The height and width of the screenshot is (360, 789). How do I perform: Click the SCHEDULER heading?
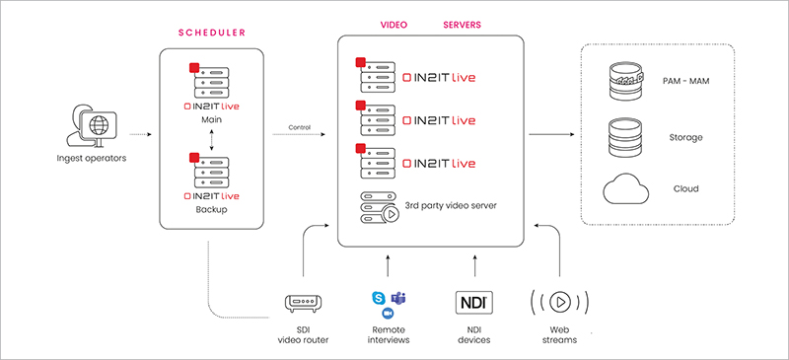tap(212, 33)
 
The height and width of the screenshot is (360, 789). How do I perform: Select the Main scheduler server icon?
tap(209, 81)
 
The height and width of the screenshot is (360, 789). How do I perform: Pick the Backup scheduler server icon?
tap(209, 172)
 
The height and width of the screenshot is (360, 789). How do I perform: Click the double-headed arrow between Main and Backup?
tap(211, 138)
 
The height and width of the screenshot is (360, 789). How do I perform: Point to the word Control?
tap(300, 127)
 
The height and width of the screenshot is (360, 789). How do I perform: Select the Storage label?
tap(685, 137)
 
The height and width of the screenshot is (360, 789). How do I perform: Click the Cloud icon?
tap(624, 188)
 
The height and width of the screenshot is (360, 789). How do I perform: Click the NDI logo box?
tap(474, 302)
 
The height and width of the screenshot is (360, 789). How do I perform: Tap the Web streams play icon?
tap(559, 302)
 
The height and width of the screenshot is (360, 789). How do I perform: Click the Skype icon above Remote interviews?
tap(379, 298)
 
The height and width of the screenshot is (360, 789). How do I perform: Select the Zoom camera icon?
tap(388, 314)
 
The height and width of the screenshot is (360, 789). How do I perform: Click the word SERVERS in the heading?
tap(462, 25)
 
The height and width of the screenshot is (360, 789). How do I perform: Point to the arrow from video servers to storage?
tap(551, 134)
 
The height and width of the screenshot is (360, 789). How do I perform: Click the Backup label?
tap(211, 210)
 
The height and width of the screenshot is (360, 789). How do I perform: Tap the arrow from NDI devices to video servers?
tap(475, 265)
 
